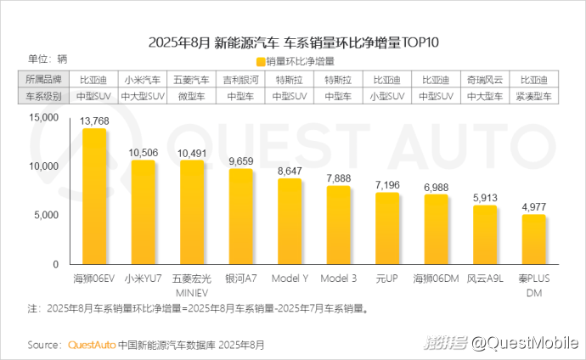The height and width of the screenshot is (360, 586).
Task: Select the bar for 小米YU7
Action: pyautogui.click(x=143, y=212)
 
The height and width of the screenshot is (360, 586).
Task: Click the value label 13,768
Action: pyautogui.click(x=94, y=122)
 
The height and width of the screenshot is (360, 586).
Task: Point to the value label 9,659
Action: pyautogui.click(x=241, y=160)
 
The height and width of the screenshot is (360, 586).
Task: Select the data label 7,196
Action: pyautogui.click(x=387, y=184)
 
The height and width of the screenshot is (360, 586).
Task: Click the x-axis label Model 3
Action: pyautogui.click(x=338, y=278)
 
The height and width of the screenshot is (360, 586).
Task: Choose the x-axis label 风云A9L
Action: pyautogui.click(x=485, y=278)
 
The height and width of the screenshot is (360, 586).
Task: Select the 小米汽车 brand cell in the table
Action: pyautogui.click(x=143, y=79)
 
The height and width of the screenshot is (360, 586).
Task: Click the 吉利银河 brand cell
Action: pyautogui.click(x=240, y=79)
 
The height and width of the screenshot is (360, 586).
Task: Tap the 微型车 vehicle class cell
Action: pyautogui.click(x=191, y=97)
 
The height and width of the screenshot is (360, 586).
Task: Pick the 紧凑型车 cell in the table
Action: pyautogui.click(x=533, y=97)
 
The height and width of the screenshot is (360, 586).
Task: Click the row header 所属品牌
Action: pyautogui.click(x=42, y=79)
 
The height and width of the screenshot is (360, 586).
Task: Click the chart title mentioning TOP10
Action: pyautogui.click(x=292, y=42)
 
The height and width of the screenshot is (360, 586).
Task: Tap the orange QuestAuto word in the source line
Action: pyautogui.click(x=91, y=346)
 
